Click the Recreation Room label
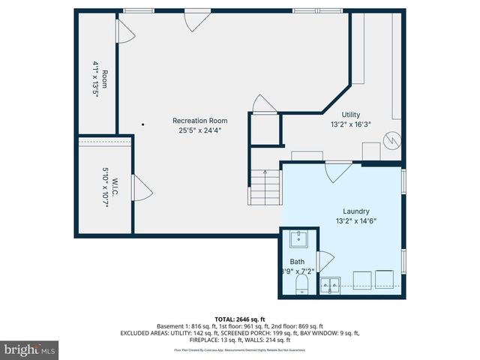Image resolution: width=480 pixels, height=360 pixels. pos(199,120)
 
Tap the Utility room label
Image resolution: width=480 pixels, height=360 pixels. pos(351,115)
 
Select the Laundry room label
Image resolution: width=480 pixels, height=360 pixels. pos(356,211)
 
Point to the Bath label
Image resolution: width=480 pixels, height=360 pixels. pos(298,261)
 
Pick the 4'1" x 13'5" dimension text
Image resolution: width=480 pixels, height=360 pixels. pos(96,84)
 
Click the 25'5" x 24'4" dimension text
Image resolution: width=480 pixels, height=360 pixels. pos(199,130)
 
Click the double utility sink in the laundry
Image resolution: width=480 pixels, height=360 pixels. pos(330,283)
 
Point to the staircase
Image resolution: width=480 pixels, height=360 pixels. pos(264,187)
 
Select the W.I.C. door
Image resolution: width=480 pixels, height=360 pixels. pos(140,188)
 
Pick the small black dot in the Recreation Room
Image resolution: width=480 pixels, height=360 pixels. pos(142,124)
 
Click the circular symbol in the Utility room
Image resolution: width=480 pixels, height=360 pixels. pos(391,139)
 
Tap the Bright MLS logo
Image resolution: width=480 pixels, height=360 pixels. pos(30,349)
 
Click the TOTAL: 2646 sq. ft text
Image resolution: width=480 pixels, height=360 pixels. pos(239,319)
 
